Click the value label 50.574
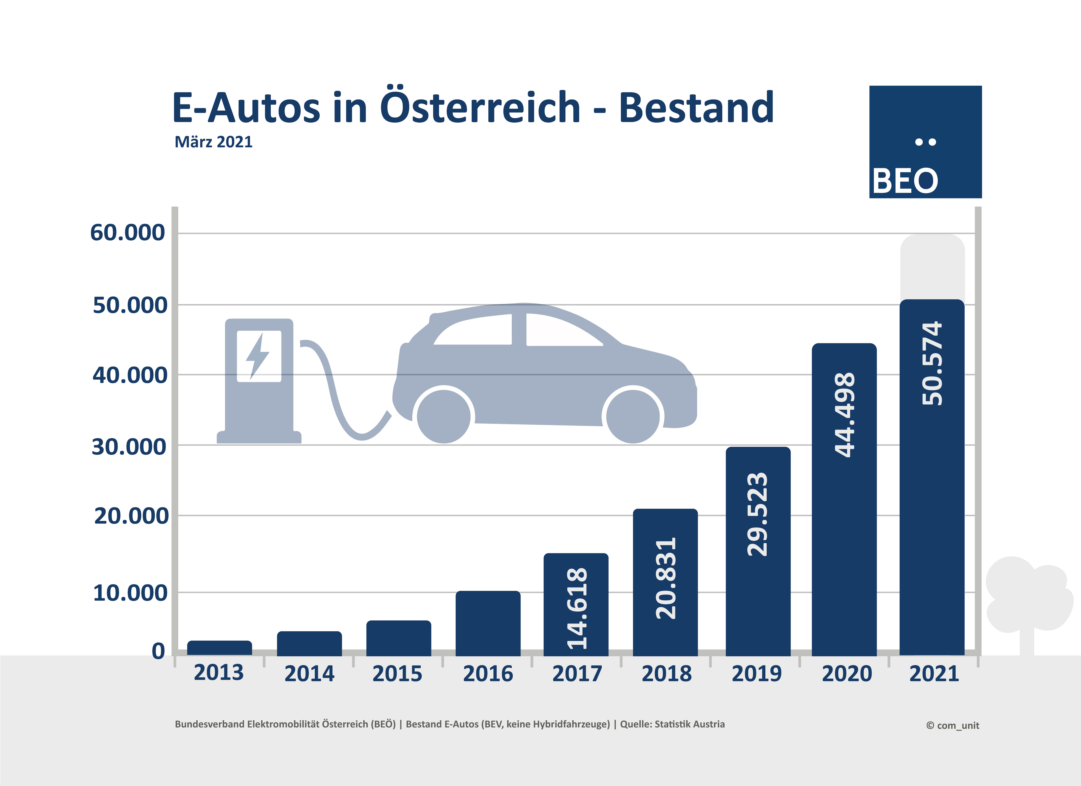click(x=932, y=363)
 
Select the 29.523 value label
click(x=757, y=514)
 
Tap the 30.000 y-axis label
click(x=129, y=447)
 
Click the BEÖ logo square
click(x=925, y=142)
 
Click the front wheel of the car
click(x=633, y=416)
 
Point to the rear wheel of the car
click(x=444, y=416)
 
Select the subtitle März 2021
click(x=214, y=142)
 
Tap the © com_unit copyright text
click(x=952, y=725)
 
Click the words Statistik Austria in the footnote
click(x=690, y=724)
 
